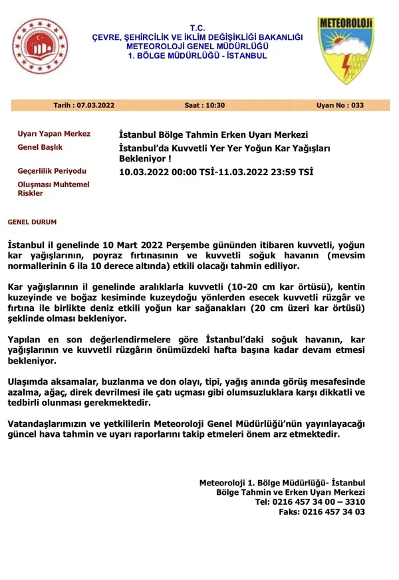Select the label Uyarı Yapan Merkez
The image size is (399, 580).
click(54, 134)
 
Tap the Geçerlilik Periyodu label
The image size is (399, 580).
click(52, 171)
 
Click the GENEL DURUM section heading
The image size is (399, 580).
click(32, 220)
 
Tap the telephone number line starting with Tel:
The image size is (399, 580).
click(310, 501)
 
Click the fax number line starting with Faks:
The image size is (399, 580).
click(322, 512)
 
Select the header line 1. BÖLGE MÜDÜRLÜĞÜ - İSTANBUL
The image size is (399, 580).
click(198, 55)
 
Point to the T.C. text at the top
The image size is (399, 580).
click(198, 27)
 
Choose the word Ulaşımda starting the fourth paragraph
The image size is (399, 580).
click(30, 382)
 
